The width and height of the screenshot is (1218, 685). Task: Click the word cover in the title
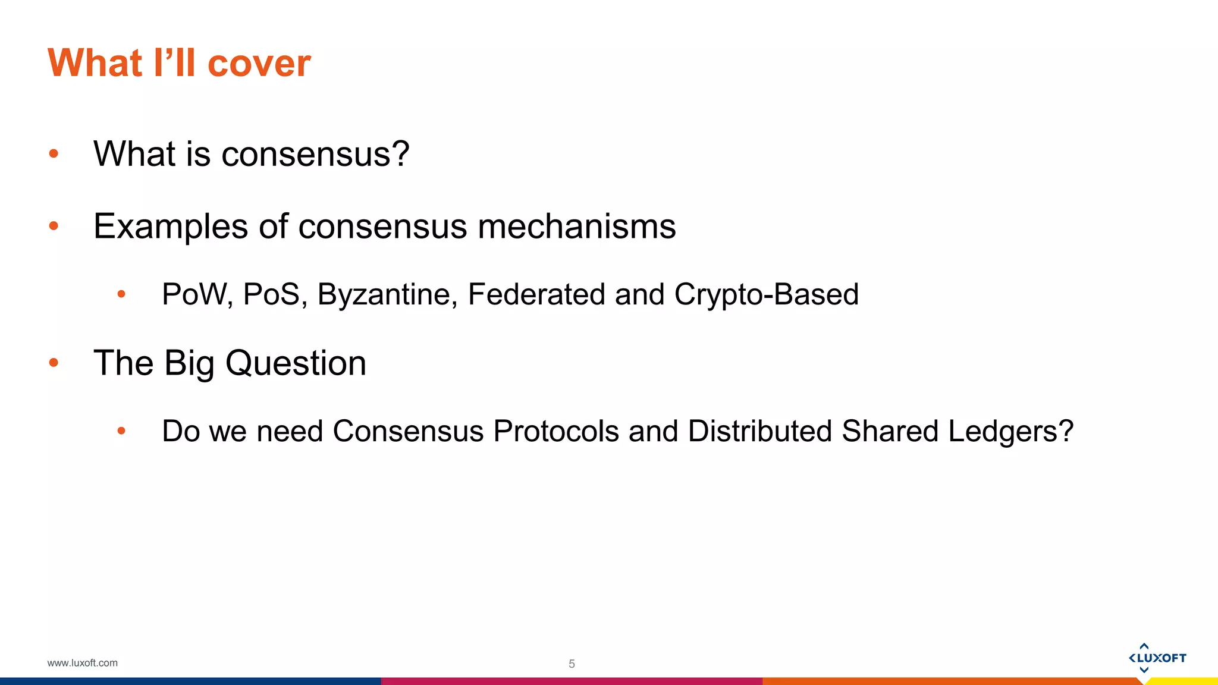point(259,63)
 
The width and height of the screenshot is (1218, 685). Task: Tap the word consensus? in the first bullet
point(315,154)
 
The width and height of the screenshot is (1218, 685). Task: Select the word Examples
point(170,227)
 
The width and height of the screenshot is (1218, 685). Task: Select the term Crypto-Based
point(766,294)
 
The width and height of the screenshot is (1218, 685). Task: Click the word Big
point(189,363)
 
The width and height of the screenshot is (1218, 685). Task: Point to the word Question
point(296,363)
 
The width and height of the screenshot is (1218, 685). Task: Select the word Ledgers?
point(1010,431)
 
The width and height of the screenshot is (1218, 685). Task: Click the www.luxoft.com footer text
point(82,663)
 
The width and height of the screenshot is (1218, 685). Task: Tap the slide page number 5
point(572,664)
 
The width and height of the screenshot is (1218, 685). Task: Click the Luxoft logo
point(1157,658)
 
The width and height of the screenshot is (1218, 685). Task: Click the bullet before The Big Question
point(54,363)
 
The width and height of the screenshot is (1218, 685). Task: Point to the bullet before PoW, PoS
point(121,294)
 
